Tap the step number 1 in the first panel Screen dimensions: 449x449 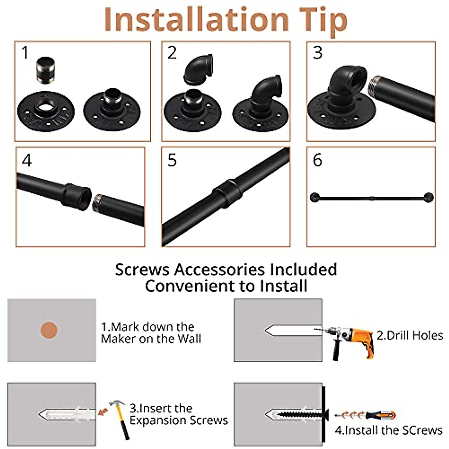pyautogui.click(x=25, y=53)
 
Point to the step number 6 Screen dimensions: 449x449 pyautogui.click(x=317, y=160)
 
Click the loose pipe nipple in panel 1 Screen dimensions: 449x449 pyautogui.click(x=46, y=71)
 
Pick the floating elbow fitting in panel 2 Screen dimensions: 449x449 pyautogui.click(x=198, y=70)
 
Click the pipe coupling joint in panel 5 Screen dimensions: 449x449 pyautogui.click(x=227, y=193)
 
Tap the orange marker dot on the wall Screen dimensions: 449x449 pyautogui.click(x=49, y=330)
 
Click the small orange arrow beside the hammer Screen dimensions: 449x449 pyautogui.click(x=103, y=412)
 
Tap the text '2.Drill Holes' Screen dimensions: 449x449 pyautogui.click(x=410, y=336)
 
